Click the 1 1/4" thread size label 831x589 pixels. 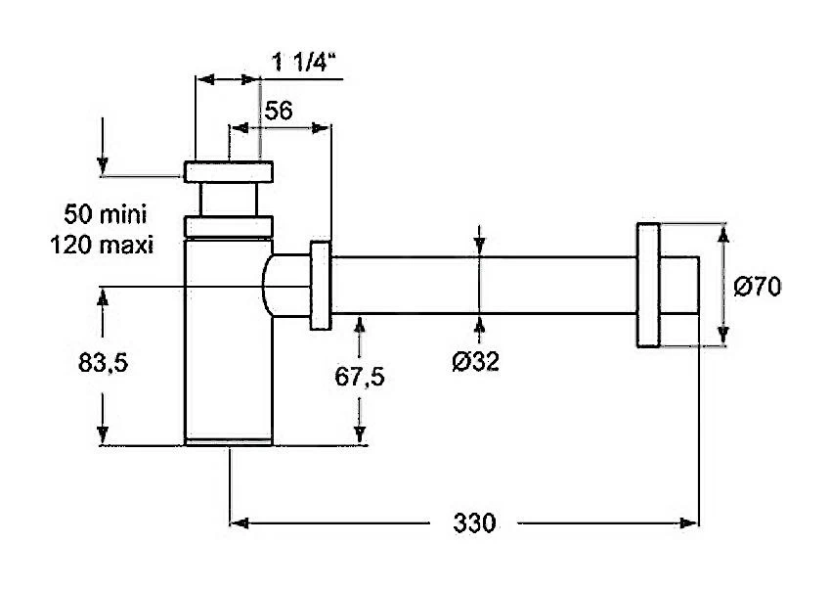click(304, 62)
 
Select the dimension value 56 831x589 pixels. click(279, 111)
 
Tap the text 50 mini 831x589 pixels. click(105, 214)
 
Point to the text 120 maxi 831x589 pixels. click(102, 245)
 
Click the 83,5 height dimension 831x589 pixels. click(104, 363)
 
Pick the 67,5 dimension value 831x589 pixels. click(360, 377)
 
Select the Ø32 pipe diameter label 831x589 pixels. click(475, 362)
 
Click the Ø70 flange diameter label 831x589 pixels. click(758, 288)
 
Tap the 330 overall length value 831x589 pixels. click(474, 523)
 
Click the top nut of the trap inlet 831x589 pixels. click(229, 172)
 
